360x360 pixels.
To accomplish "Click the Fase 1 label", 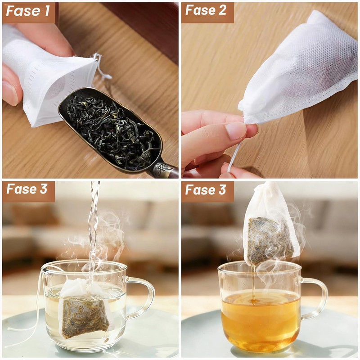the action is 28,11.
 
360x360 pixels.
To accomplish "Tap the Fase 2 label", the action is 206,10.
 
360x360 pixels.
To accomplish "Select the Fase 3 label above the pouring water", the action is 27,189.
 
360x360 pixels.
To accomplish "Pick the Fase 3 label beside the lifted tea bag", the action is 206,190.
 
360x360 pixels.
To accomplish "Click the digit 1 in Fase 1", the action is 47,11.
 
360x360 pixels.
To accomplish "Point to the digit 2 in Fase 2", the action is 222,10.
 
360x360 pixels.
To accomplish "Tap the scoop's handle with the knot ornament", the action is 165,171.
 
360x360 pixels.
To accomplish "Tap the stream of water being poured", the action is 93,232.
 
